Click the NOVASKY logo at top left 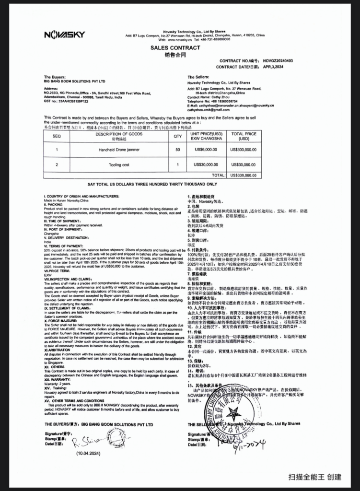pyautogui.click(x=64, y=34)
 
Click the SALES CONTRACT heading pyautogui.click(x=175, y=48)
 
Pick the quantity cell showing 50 pyautogui.click(x=178, y=149)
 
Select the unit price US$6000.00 pyautogui.click(x=205, y=149)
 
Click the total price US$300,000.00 pyautogui.click(x=244, y=149)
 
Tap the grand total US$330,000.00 pyautogui.click(x=244, y=175)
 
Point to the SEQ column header pyautogui.click(x=57, y=136)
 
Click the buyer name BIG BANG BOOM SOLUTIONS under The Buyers pyautogui.click(x=74, y=82)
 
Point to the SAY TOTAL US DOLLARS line pyautogui.click(x=152, y=184)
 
